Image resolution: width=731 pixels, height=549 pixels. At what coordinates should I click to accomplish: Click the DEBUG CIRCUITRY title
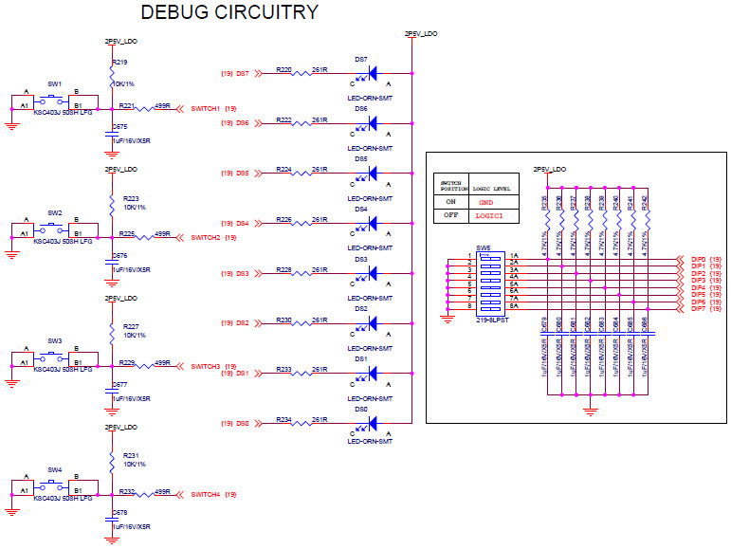(228, 12)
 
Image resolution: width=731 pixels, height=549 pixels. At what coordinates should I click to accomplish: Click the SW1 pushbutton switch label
(54, 84)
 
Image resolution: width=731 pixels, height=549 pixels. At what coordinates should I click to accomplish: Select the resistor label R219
(119, 62)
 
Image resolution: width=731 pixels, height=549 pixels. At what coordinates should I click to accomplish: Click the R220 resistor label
(283, 69)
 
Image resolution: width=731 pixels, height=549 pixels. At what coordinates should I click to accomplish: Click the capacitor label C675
(119, 126)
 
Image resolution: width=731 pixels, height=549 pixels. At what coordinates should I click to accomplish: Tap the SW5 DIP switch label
(484, 247)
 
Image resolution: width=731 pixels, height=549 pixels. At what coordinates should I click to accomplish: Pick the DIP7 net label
(699, 309)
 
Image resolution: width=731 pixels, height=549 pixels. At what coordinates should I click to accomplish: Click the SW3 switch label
(54, 340)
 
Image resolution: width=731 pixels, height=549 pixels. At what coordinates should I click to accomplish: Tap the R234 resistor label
(283, 419)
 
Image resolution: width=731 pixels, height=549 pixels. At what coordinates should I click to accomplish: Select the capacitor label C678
(119, 512)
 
